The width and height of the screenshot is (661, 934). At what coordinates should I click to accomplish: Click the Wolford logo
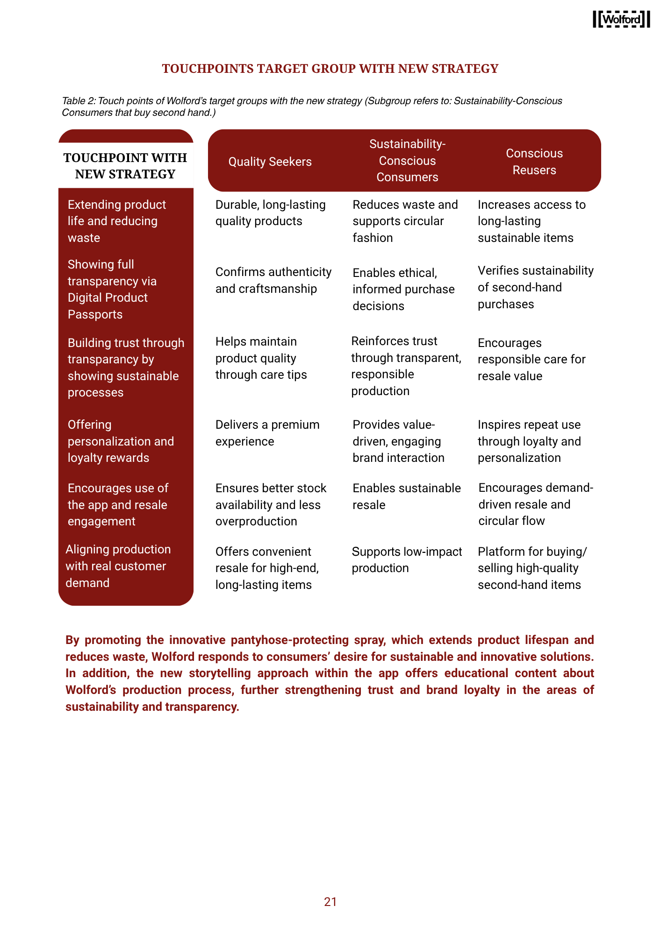click(x=621, y=19)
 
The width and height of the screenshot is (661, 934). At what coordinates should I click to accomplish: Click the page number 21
click(x=330, y=902)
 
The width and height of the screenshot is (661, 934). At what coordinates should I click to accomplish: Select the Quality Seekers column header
click(x=270, y=162)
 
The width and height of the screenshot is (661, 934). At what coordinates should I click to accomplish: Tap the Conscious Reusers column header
click(x=534, y=162)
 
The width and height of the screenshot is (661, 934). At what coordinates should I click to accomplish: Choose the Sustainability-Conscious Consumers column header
click(x=407, y=161)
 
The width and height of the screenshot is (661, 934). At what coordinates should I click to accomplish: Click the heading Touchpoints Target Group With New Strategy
click(x=330, y=69)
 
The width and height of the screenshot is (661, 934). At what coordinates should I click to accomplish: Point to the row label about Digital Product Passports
click(x=112, y=290)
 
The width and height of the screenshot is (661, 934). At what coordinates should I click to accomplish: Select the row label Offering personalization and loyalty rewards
click(x=121, y=441)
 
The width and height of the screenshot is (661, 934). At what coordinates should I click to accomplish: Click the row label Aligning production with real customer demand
click(x=118, y=566)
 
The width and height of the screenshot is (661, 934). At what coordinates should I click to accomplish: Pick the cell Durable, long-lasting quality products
click(x=270, y=213)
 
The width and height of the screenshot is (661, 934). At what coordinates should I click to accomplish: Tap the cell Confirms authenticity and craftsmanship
click(x=273, y=280)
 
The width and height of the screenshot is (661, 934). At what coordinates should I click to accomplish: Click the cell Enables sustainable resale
click(x=406, y=496)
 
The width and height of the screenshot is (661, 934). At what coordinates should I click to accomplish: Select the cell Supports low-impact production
click(x=406, y=560)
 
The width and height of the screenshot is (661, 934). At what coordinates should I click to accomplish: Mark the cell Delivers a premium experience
click(x=267, y=433)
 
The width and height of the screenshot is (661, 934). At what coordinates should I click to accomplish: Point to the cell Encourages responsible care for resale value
click(x=531, y=359)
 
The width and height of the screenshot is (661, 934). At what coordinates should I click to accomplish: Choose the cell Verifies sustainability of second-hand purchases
click(x=535, y=287)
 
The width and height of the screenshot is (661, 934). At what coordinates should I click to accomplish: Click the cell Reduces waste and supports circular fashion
click(x=405, y=221)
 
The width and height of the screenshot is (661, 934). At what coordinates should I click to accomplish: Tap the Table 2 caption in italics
click(x=312, y=106)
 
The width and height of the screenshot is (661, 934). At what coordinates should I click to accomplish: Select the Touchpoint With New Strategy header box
click(x=125, y=166)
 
